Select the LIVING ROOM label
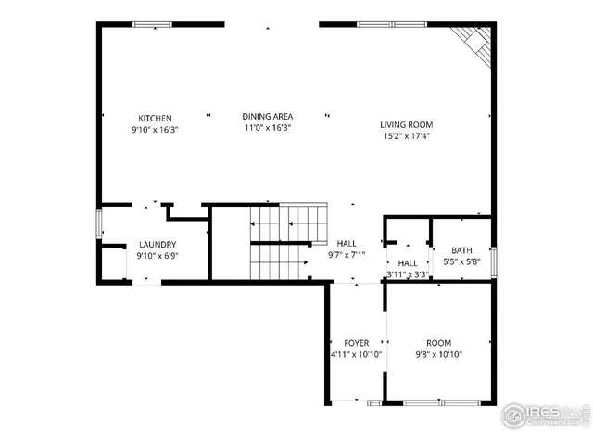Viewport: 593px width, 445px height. point(406,124)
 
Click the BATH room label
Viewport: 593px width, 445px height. point(461,250)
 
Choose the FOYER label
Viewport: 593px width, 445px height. point(357,342)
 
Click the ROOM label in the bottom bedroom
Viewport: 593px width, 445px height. point(438,342)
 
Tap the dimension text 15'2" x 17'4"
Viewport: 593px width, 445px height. point(406,135)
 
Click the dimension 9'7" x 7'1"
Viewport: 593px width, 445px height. point(347,254)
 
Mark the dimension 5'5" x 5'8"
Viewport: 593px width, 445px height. point(461,262)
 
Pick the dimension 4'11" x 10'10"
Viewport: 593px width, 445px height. point(357,354)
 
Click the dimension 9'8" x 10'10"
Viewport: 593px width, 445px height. point(438,354)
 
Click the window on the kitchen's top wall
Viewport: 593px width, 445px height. point(154,24)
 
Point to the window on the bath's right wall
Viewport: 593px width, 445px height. point(494,262)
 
